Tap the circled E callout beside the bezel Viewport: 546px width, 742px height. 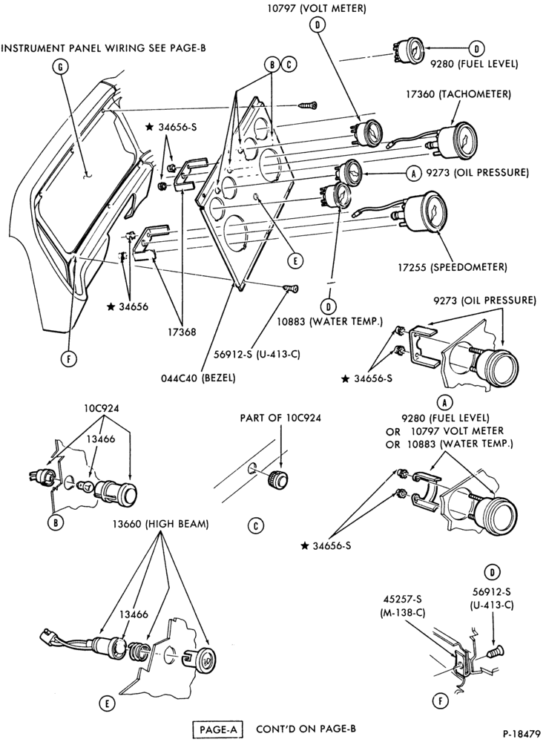coord(295,260)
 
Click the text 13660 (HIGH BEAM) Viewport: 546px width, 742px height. coord(160,524)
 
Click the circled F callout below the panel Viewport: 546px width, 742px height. coord(69,359)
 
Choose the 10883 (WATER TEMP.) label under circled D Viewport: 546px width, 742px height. coord(330,322)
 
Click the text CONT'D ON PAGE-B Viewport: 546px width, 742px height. coord(306,729)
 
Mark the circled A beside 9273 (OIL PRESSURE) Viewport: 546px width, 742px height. coord(414,173)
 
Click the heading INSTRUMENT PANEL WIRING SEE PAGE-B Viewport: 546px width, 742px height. coord(104,47)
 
